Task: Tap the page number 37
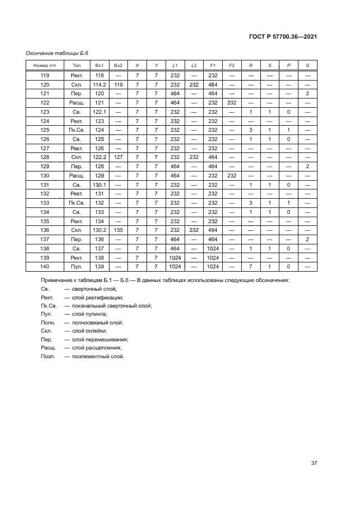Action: [314, 463]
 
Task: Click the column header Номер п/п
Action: [45, 65]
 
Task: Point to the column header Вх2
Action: [117, 65]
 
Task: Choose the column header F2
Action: [232, 65]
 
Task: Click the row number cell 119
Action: [45, 76]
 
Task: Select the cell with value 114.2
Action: [99, 85]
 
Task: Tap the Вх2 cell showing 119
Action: [117, 85]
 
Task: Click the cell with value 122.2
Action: [99, 156]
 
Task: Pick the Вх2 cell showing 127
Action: [117, 156]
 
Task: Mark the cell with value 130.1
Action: [99, 185]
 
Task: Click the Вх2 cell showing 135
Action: [117, 230]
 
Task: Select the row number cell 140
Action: [45, 266]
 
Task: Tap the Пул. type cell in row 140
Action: [76, 266]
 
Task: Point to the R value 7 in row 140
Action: [251, 266]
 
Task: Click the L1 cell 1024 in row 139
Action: [175, 257]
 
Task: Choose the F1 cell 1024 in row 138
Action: [213, 248]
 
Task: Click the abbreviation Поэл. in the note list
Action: [48, 356]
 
